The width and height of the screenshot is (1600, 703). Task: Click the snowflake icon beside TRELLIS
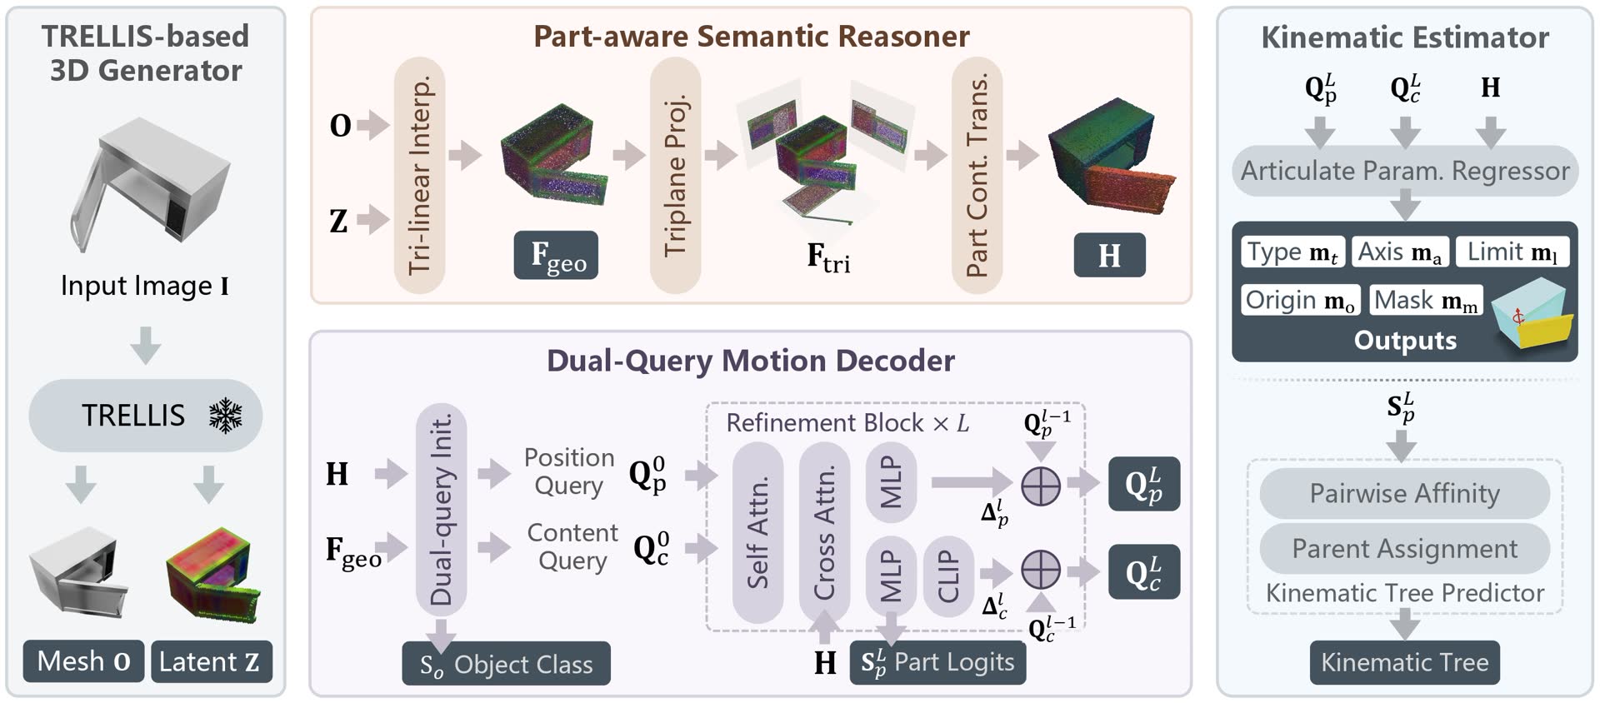pyautogui.click(x=225, y=415)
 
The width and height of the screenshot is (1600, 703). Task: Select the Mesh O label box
pyautogui.click(x=83, y=661)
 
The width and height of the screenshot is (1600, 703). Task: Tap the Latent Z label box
pyautogui.click(x=211, y=661)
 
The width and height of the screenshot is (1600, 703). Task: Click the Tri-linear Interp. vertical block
pyautogui.click(x=419, y=175)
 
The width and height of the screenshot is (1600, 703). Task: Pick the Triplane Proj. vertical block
pyautogui.click(x=675, y=175)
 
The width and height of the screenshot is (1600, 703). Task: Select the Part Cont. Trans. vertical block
pyautogui.click(x=977, y=175)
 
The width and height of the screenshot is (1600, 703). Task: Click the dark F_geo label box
pyautogui.click(x=556, y=255)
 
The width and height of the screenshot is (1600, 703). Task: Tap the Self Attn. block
pyautogui.click(x=757, y=531)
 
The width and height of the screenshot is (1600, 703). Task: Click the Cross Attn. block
pyautogui.click(x=824, y=531)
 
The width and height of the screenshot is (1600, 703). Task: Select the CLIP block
pyautogui.click(x=948, y=576)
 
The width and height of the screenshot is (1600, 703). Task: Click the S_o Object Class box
pyautogui.click(x=506, y=664)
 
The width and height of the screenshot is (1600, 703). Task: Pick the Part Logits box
pyautogui.click(x=937, y=662)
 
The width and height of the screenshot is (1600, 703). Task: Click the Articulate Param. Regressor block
pyautogui.click(x=1404, y=171)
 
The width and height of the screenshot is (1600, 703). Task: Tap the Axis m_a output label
pyautogui.click(x=1400, y=252)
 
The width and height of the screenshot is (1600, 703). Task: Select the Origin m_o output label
pyautogui.click(x=1300, y=300)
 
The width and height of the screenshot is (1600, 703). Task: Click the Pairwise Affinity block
pyautogui.click(x=1404, y=493)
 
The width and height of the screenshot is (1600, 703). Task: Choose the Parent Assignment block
pyautogui.click(x=1404, y=548)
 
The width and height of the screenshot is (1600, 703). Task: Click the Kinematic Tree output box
pyautogui.click(x=1404, y=662)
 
